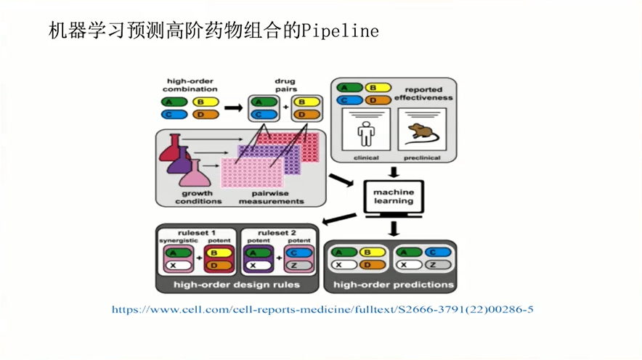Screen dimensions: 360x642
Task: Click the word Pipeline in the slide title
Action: point(341,31)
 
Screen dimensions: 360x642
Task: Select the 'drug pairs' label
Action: point(284,85)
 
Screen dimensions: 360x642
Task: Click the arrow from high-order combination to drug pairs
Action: point(232,108)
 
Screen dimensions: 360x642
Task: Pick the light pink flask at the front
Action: point(195,174)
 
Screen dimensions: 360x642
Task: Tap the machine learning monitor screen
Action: point(393,197)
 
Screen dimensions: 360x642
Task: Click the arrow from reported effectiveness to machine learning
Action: point(393,172)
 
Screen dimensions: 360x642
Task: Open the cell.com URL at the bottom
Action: point(322,310)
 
